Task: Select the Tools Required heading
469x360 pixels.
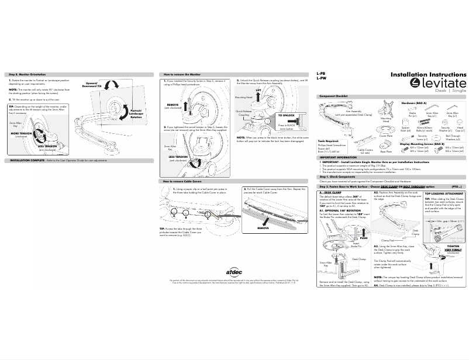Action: click(328, 141)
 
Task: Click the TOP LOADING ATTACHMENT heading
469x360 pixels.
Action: click(444, 193)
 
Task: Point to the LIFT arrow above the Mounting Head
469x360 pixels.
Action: click(258, 91)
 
